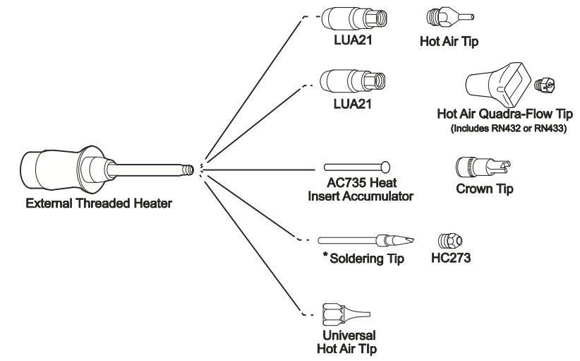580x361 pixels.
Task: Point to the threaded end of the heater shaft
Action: click(186, 170)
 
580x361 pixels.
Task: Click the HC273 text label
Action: click(450, 259)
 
